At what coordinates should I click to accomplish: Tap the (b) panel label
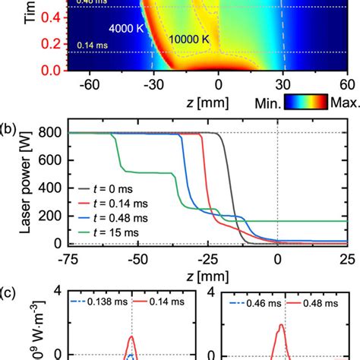10,122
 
